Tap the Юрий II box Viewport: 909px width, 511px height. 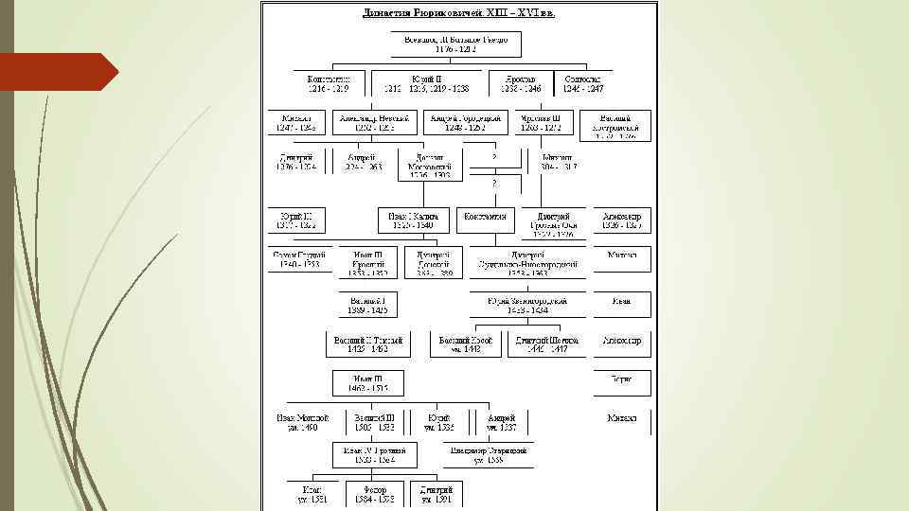click(x=426, y=83)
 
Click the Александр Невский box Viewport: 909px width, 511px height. click(x=374, y=122)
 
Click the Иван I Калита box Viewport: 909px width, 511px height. click(x=413, y=220)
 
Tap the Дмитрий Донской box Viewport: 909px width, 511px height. click(x=434, y=262)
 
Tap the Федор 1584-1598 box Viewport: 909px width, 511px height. click(x=372, y=493)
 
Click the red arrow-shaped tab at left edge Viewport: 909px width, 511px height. click(x=57, y=72)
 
